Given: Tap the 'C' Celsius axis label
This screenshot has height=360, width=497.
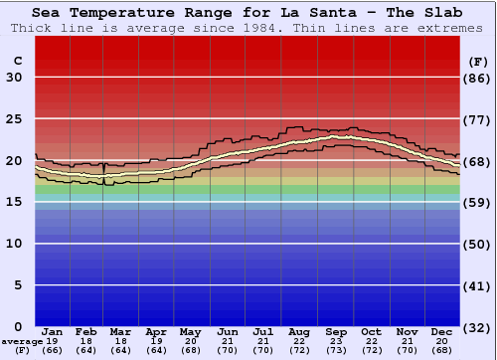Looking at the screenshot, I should pos(17,61).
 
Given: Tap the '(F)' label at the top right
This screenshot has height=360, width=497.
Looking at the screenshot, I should pos(477,61).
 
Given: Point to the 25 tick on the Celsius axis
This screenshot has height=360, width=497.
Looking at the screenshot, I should pos(15,119).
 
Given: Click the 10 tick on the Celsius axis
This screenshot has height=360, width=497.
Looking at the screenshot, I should pos(15,244).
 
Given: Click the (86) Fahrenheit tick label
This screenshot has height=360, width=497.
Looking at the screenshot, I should pos(478,78).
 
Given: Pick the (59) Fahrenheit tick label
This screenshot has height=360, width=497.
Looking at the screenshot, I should pos(478,202).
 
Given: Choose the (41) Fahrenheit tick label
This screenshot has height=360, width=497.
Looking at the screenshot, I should pos(478,285).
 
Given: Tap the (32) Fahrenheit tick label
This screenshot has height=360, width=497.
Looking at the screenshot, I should pos(478,326).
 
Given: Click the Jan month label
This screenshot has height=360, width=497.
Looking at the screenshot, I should pos(53,331).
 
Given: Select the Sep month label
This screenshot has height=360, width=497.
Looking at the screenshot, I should pos(336,331).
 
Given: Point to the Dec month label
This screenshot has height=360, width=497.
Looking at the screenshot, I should pos(442,331).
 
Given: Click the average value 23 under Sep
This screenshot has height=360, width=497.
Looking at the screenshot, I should pos(336,340).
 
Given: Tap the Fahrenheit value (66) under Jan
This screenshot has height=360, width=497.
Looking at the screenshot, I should pos(53,350).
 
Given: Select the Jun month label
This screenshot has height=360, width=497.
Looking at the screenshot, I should pos(229,331).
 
